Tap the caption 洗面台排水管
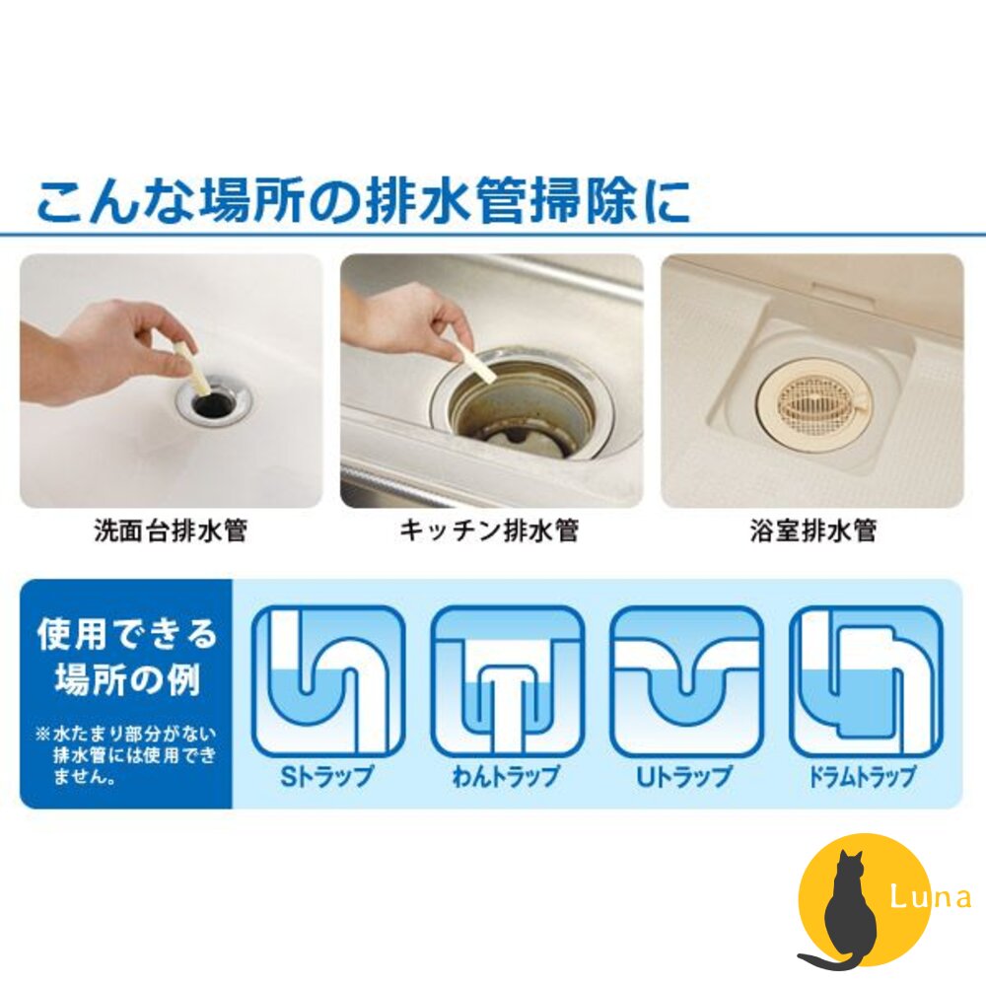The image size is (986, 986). pos(171,531)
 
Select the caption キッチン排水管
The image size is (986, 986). pos(489,531)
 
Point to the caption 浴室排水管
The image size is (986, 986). pos(811,531)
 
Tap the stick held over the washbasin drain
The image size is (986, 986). pos(191,369)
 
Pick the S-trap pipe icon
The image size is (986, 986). pos(328,681)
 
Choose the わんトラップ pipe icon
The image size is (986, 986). pos(507,681)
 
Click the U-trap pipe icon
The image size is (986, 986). pos(686,681)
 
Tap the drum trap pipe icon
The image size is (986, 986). pos(866,681)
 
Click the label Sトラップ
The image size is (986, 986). pos(328,776)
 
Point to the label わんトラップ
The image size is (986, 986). pos(507,776)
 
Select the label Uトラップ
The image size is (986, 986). pos(686,776)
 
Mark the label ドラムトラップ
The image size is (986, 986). pos(866,776)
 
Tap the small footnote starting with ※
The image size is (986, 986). pos(125,755)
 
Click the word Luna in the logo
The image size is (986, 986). pos(930,897)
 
